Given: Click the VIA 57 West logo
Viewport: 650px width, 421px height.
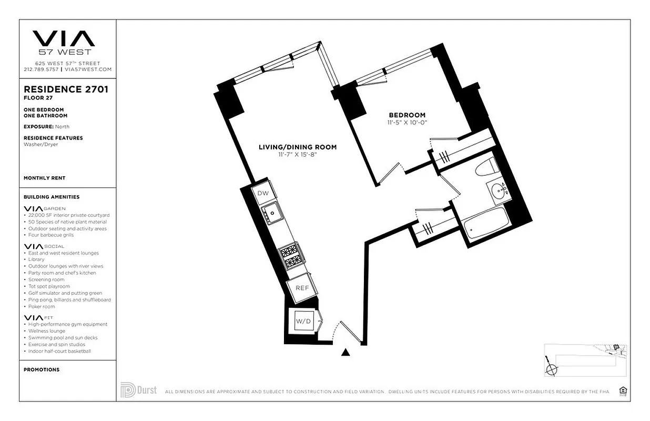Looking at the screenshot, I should point(64,42).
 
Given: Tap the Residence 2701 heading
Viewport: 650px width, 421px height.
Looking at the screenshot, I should point(66,89).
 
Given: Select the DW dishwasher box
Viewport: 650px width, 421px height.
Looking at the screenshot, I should point(263,193).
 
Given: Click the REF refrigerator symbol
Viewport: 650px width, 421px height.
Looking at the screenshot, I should point(302,288).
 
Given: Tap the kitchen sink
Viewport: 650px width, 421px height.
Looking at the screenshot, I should point(273,213).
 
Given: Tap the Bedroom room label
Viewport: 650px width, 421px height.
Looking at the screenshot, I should point(407,115).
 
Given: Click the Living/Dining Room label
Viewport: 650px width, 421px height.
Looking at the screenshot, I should point(297,147).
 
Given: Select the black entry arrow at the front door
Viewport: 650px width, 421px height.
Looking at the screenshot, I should point(346,353).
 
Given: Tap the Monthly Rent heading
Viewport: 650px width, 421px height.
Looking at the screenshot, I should point(45,178).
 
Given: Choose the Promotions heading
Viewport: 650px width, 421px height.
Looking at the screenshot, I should point(42,369).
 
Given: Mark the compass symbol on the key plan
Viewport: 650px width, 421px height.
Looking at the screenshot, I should point(551,368).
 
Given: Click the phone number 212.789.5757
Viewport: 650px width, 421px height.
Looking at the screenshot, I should point(42,69).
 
